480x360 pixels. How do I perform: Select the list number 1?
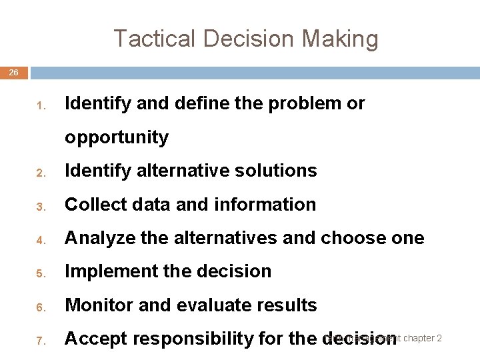click(40, 105)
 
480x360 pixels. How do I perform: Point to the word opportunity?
click(116, 137)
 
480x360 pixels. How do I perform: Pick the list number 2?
click(40, 172)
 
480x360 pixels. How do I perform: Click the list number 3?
click(40, 206)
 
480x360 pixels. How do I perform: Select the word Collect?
click(91, 205)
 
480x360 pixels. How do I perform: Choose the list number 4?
click(40, 239)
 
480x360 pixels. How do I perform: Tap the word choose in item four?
click(351, 238)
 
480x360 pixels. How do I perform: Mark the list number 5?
click(40, 273)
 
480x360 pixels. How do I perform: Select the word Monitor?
click(95, 305)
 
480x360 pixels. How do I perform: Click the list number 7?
click(40, 341)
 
